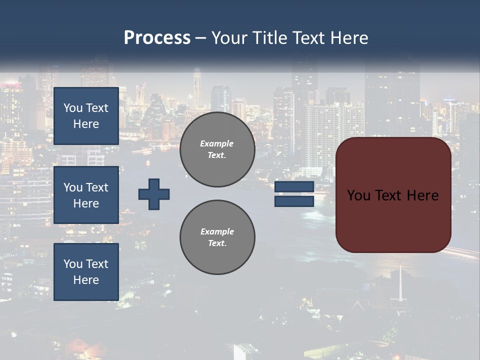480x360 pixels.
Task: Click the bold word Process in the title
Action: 157,38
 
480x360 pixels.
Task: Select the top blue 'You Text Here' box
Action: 86,116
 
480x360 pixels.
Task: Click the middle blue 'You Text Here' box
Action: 86,195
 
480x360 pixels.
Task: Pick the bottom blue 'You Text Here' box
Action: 86,272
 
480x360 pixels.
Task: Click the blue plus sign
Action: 154,194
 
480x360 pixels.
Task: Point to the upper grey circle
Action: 217,149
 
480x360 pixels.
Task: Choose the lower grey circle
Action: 217,237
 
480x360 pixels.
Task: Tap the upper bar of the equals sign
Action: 294,187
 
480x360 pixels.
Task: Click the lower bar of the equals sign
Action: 294,201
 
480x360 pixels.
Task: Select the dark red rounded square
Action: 393,195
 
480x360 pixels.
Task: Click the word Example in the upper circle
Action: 217,143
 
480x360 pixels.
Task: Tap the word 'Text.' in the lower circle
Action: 217,243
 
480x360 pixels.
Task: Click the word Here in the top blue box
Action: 86,124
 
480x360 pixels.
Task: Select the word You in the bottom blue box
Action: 73,264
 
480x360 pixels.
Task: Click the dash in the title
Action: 200,38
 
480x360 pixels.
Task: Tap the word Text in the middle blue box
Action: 96,187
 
